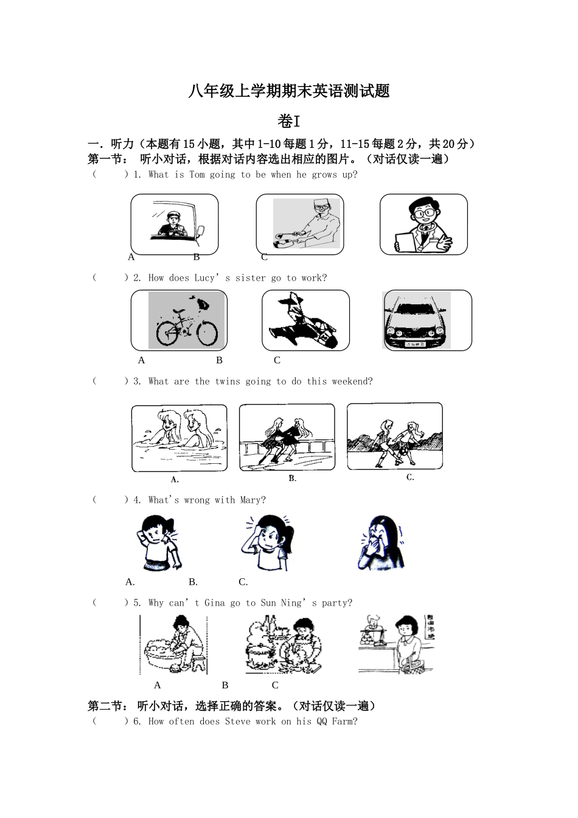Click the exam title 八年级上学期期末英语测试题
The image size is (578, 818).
pyautogui.click(x=289, y=91)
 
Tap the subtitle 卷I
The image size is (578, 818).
pyautogui.click(x=289, y=121)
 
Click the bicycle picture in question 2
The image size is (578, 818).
pyautogui.click(x=186, y=321)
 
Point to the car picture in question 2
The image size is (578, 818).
pyautogui.click(x=418, y=321)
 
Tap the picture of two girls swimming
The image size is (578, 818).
pyautogui.click(x=179, y=437)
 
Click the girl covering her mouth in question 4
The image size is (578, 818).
pyautogui.click(x=380, y=542)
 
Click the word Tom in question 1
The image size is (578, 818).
pyautogui.click(x=197, y=175)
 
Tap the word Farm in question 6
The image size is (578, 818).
pyautogui.click(x=344, y=722)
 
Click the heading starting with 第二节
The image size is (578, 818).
pyautogui.click(x=231, y=706)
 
